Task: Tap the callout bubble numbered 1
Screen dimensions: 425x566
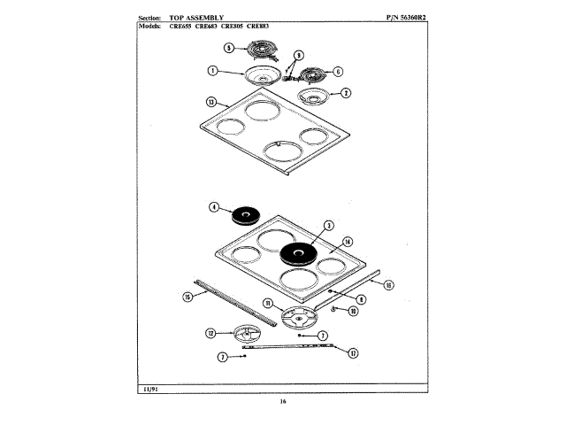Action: click(x=213, y=71)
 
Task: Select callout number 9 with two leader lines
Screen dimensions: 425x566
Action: click(x=298, y=55)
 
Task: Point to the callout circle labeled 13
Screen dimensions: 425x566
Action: click(x=210, y=101)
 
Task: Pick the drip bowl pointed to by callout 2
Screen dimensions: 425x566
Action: click(x=313, y=94)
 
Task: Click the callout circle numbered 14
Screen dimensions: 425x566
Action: click(x=348, y=241)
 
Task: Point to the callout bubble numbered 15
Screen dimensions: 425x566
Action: click(x=187, y=297)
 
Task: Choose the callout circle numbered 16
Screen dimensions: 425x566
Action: click(x=388, y=284)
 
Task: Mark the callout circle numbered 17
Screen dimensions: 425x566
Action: click(x=353, y=353)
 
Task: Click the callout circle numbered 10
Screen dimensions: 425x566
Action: click(x=352, y=312)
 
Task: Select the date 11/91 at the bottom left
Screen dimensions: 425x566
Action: click(x=152, y=390)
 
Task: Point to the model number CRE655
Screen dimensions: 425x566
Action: click(x=182, y=26)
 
